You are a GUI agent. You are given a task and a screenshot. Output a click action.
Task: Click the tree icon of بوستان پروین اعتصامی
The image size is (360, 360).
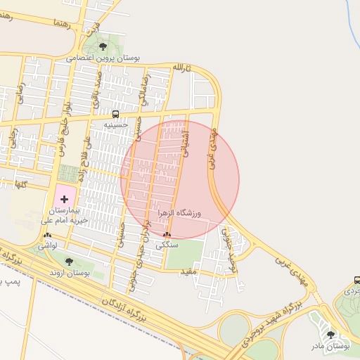pyautogui.click(x=103, y=46)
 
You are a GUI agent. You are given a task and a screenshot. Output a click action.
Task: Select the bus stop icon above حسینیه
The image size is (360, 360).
pyautogui.click(x=115, y=114)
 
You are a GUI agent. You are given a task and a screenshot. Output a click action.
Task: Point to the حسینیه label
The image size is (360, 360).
pyautogui.click(x=115, y=124)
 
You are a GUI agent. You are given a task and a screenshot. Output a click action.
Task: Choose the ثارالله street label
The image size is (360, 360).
pyautogui.click(x=181, y=68)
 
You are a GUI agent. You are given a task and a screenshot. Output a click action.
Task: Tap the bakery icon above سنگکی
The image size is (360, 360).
pyautogui.click(x=167, y=236)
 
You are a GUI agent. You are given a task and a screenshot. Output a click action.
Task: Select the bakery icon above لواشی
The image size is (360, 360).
pyautogui.click(x=47, y=236)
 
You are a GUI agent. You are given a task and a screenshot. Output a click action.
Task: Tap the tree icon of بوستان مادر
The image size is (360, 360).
pyautogui.click(x=331, y=335)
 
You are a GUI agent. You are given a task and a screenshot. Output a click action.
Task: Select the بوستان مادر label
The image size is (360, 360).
pyautogui.click(x=331, y=346)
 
